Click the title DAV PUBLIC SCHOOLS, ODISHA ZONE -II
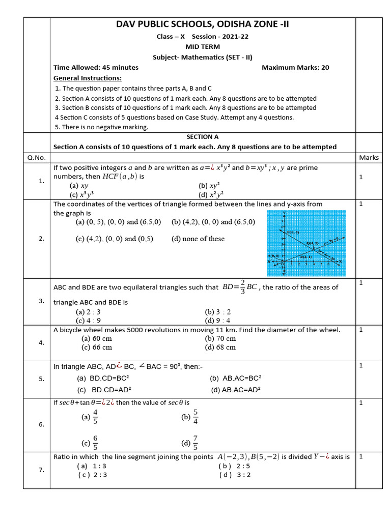[203, 25]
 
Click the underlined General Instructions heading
[88, 78]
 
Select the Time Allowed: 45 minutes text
[96, 67]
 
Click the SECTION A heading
[203, 136]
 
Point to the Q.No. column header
[36, 157]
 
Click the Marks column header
[369, 157]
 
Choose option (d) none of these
[198, 239]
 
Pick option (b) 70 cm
[220, 338]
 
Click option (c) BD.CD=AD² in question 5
[104, 390]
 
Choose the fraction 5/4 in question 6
[195, 417]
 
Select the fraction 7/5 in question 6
[195, 443]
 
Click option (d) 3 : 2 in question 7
[235, 475]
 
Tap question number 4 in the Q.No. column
[41, 342]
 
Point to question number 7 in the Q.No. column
[41, 470]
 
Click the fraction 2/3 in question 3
[243, 286]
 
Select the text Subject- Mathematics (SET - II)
[203, 57]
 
